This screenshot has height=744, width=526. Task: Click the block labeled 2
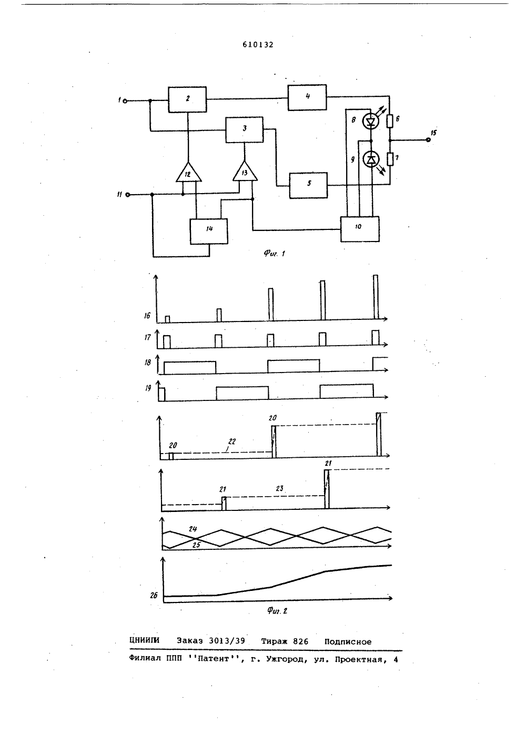pyautogui.click(x=187, y=99)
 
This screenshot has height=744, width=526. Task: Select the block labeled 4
pyautogui.click(x=307, y=97)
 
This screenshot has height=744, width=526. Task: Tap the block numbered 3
pyautogui.click(x=245, y=129)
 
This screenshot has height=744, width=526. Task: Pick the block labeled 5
pyautogui.click(x=308, y=185)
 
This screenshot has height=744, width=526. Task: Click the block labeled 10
pyautogui.click(x=360, y=229)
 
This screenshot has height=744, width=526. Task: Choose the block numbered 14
pyautogui.click(x=209, y=232)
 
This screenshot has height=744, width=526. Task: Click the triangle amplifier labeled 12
pyautogui.click(x=188, y=173)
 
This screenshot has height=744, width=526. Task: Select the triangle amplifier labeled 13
pyautogui.click(x=245, y=172)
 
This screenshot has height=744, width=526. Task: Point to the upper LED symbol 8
pyautogui.click(x=371, y=122)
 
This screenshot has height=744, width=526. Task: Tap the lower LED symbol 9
pyautogui.click(x=371, y=160)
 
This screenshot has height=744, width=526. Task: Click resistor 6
pyautogui.click(x=390, y=121)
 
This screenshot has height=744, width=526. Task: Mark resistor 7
pyautogui.click(x=390, y=159)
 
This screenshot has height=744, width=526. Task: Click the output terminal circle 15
pyautogui.click(x=428, y=140)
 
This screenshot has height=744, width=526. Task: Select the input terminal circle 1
pyautogui.click(x=125, y=101)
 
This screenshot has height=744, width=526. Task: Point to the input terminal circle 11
pyautogui.click(x=128, y=195)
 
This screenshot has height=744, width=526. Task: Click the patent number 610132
pyautogui.click(x=258, y=45)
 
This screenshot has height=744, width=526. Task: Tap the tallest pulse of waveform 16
pyautogui.click(x=376, y=297)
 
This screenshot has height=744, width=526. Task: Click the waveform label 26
pyautogui.click(x=154, y=595)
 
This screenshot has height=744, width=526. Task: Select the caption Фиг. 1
pyautogui.click(x=275, y=254)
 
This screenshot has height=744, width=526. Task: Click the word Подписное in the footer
pyautogui.click(x=348, y=642)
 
